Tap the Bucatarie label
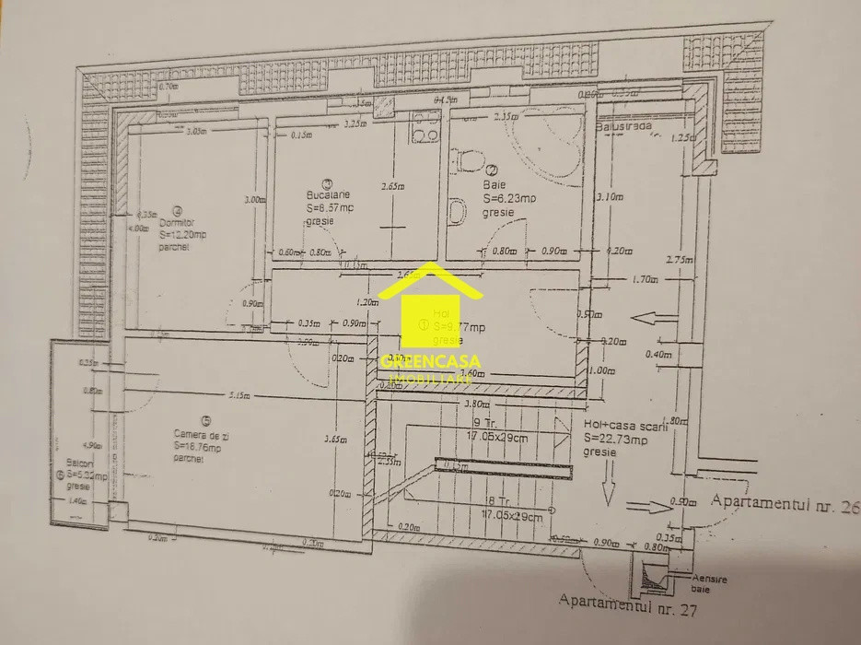(x=329, y=195)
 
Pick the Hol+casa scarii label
(x=618, y=426)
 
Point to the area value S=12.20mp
(x=182, y=235)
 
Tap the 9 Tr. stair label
(x=484, y=425)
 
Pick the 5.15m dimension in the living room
(x=240, y=397)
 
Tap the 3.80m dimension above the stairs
(x=476, y=404)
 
